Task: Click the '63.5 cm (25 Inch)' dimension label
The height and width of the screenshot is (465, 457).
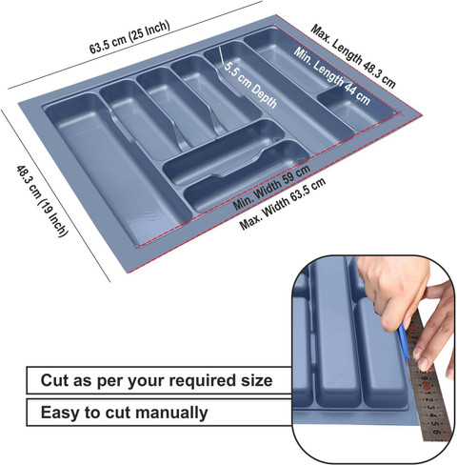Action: pyautogui.click(x=129, y=37)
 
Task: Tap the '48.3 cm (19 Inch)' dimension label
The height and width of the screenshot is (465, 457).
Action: pyautogui.click(x=42, y=201)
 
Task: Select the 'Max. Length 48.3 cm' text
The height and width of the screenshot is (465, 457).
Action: pyautogui.click(x=353, y=56)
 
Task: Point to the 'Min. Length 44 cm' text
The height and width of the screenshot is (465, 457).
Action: pyautogui.click(x=331, y=75)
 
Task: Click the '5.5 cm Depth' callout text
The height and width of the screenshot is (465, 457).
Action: pyautogui.click(x=250, y=85)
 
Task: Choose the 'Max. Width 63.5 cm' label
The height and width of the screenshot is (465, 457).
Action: pyautogui.click(x=283, y=204)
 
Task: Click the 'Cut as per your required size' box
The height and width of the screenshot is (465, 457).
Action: pyautogui.click(x=159, y=380)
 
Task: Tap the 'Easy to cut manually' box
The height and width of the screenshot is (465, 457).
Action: pyautogui.click(x=159, y=413)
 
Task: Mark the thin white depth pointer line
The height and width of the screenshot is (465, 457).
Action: pyautogui.click(x=221, y=56)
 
